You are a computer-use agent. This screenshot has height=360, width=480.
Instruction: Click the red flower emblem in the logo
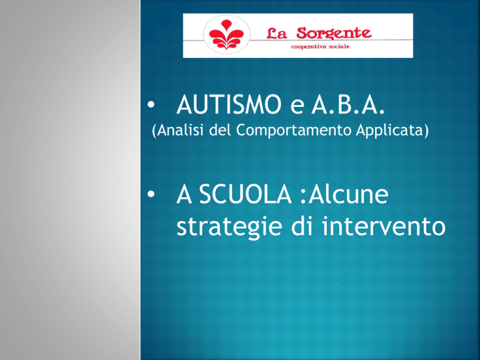226,34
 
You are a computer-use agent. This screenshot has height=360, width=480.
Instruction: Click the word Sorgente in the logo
334,33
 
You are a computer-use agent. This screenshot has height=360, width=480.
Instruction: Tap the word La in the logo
276,33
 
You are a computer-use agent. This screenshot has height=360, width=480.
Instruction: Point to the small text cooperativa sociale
320,46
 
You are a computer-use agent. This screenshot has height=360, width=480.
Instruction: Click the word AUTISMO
229,104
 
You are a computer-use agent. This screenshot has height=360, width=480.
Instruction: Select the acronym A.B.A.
347,104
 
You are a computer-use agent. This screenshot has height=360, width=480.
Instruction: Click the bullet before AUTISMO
151,105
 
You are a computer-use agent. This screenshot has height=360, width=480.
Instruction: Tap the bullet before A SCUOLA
151,194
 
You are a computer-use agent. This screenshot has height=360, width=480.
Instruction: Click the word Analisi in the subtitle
181,130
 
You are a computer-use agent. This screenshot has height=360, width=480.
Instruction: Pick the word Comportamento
294,131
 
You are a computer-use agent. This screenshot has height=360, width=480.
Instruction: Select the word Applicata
390,131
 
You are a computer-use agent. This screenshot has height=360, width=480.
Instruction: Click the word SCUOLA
246,194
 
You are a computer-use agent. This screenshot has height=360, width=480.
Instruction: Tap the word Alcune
348,194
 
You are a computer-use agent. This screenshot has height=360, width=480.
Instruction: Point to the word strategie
229,226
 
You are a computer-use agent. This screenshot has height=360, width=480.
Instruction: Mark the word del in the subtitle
220,130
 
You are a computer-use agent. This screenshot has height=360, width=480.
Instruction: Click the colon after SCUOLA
303,197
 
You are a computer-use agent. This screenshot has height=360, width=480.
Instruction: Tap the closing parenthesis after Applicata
426,131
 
